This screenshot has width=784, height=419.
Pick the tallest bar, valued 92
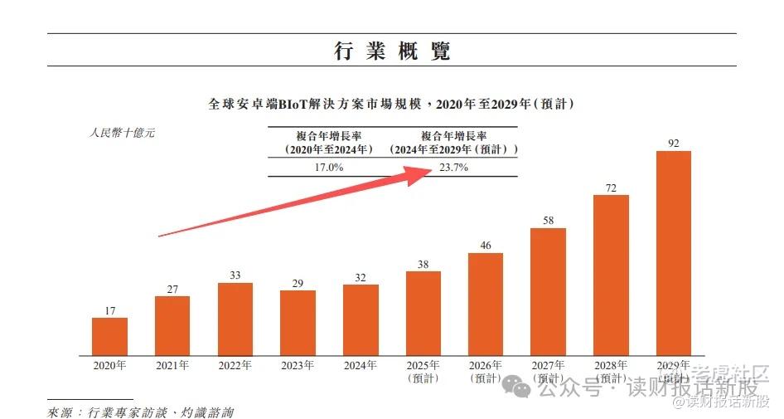tap(673, 251)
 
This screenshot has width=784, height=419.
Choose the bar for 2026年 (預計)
tap(486, 302)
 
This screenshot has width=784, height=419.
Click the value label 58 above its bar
tap(548, 220)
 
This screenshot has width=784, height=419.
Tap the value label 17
tap(109, 311)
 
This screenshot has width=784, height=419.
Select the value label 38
tap(423, 265)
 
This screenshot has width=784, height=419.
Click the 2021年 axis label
tap(172, 365)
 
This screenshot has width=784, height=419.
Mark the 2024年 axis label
tap(361, 365)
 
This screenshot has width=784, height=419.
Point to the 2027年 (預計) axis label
tap(549, 371)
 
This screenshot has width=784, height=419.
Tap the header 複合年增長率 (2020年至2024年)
tap(329, 143)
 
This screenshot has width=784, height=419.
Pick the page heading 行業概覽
tap(392, 51)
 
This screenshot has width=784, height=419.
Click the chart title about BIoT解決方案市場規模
tap(391, 105)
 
